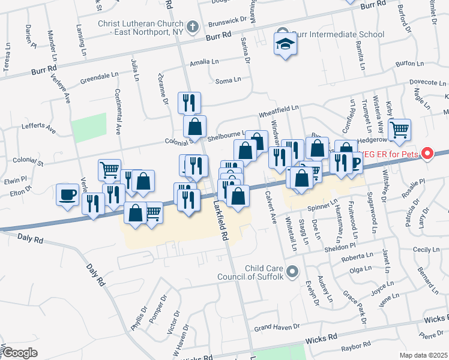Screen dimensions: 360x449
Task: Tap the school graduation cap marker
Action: pos(285,43)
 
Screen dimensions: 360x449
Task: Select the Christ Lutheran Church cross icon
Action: pos(192,26)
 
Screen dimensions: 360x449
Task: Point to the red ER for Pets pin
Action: pos(427,154)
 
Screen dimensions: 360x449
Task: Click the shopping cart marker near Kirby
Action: pos(399,129)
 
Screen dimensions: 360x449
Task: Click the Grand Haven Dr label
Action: pos(276,328)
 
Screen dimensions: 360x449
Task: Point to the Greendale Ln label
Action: pos(100,77)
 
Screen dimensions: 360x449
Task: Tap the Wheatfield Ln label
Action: pos(279,109)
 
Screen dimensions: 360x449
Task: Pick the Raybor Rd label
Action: pos(356,346)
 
